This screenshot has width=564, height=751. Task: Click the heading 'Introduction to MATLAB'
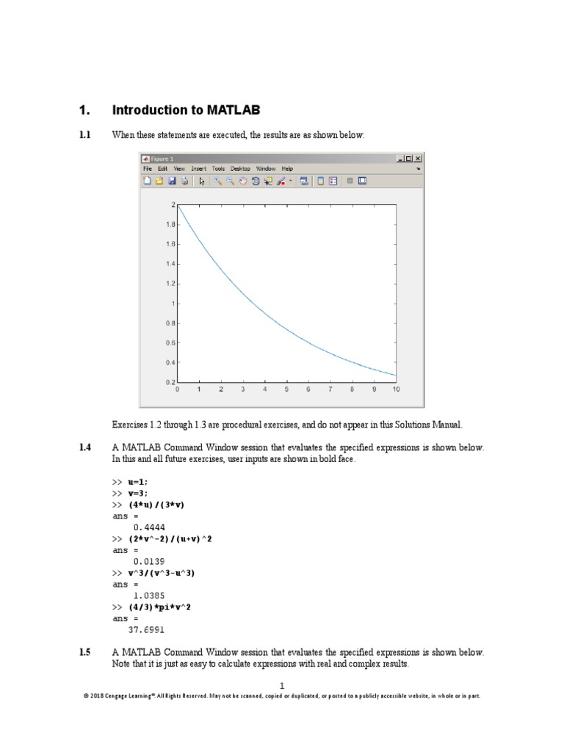(186, 111)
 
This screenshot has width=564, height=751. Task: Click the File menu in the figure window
(148, 168)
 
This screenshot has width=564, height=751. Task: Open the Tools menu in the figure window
(219, 168)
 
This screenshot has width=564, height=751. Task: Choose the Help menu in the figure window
(287, 168)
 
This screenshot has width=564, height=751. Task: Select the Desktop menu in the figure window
(241, 168)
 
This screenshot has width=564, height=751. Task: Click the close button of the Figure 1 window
(418, 158)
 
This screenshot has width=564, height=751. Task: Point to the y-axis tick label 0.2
(169, 382)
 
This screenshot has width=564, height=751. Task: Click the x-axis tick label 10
(396, 390)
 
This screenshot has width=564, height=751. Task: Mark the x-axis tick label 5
(286, 390)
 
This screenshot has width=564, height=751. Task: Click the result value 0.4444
(148, 527)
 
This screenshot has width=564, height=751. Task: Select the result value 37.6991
(146, 629)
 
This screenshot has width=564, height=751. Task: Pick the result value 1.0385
(148, 595)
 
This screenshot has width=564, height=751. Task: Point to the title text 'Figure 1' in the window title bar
(163, 158)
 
